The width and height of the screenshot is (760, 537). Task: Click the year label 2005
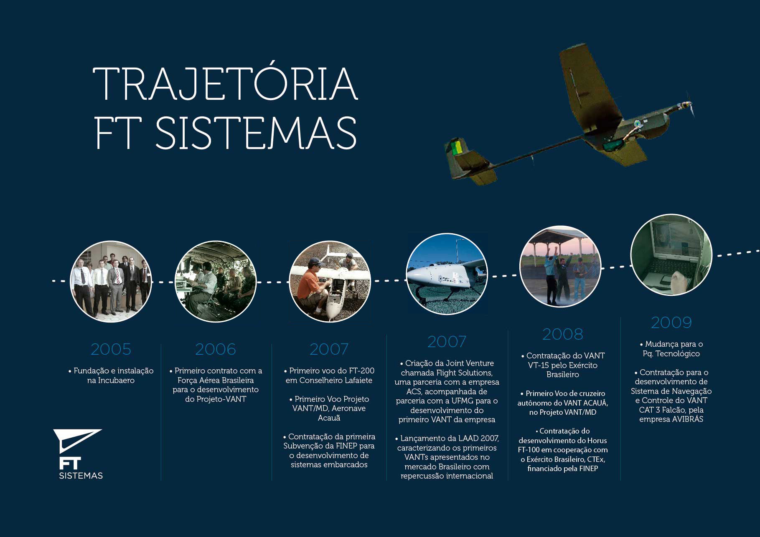point(111,349)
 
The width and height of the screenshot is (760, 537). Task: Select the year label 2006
point(216,349)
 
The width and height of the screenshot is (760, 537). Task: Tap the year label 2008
point(562,334)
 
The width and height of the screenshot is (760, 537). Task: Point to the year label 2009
point(671,323)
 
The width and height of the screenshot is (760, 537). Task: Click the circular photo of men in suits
point(111,281)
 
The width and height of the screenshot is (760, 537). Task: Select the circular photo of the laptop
point(671,255)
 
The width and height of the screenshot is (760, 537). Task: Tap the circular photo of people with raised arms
point(560,267)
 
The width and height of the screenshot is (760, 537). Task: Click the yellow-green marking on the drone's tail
point(458,146)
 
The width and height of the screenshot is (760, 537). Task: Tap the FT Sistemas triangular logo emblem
point(77,441)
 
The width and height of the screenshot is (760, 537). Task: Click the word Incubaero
point(116,381)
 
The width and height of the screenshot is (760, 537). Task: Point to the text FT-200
point(361,371)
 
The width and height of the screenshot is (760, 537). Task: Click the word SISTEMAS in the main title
point(256,133)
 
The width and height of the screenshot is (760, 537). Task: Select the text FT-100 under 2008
point(529,450)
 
